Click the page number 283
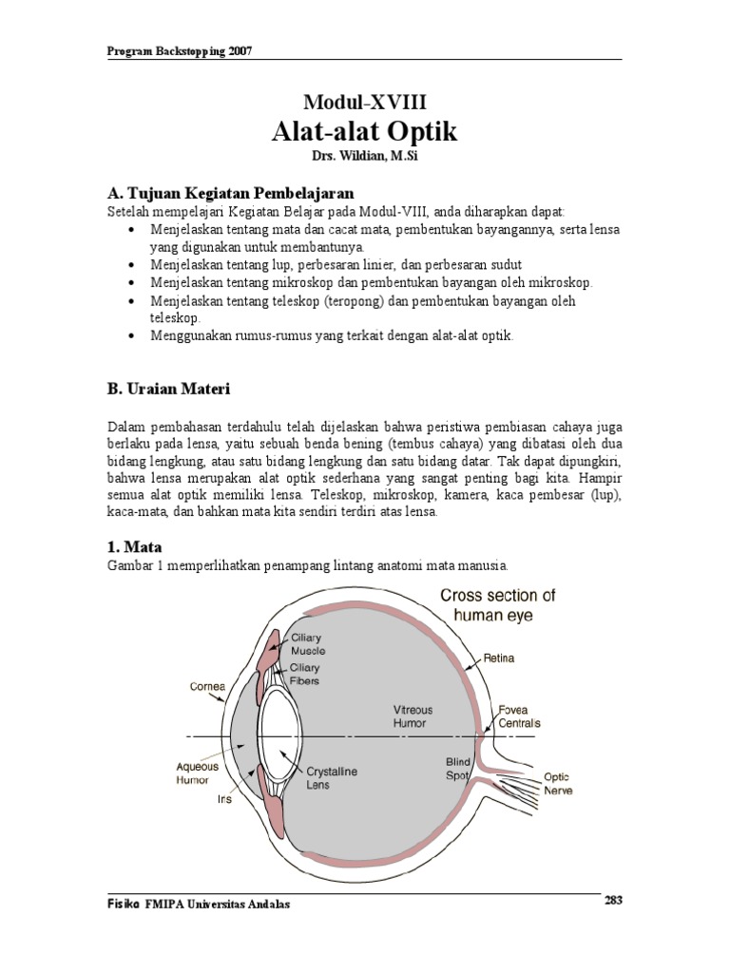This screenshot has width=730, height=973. coord(613,901)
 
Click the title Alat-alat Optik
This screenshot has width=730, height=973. coord(365,131)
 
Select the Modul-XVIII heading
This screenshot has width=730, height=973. coord(365,101)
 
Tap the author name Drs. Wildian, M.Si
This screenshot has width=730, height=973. coord(365,155)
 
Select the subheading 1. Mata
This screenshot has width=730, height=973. coord(133,547)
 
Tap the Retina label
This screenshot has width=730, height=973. coord(499,657)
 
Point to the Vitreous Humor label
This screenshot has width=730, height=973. coord(413,716)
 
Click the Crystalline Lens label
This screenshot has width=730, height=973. coord(331,779)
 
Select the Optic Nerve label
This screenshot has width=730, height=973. coord(558,784)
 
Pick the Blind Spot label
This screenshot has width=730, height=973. coord(458,769)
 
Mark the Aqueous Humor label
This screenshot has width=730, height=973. coord(197,773)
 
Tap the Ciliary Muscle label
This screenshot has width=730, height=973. coord(307,644)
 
